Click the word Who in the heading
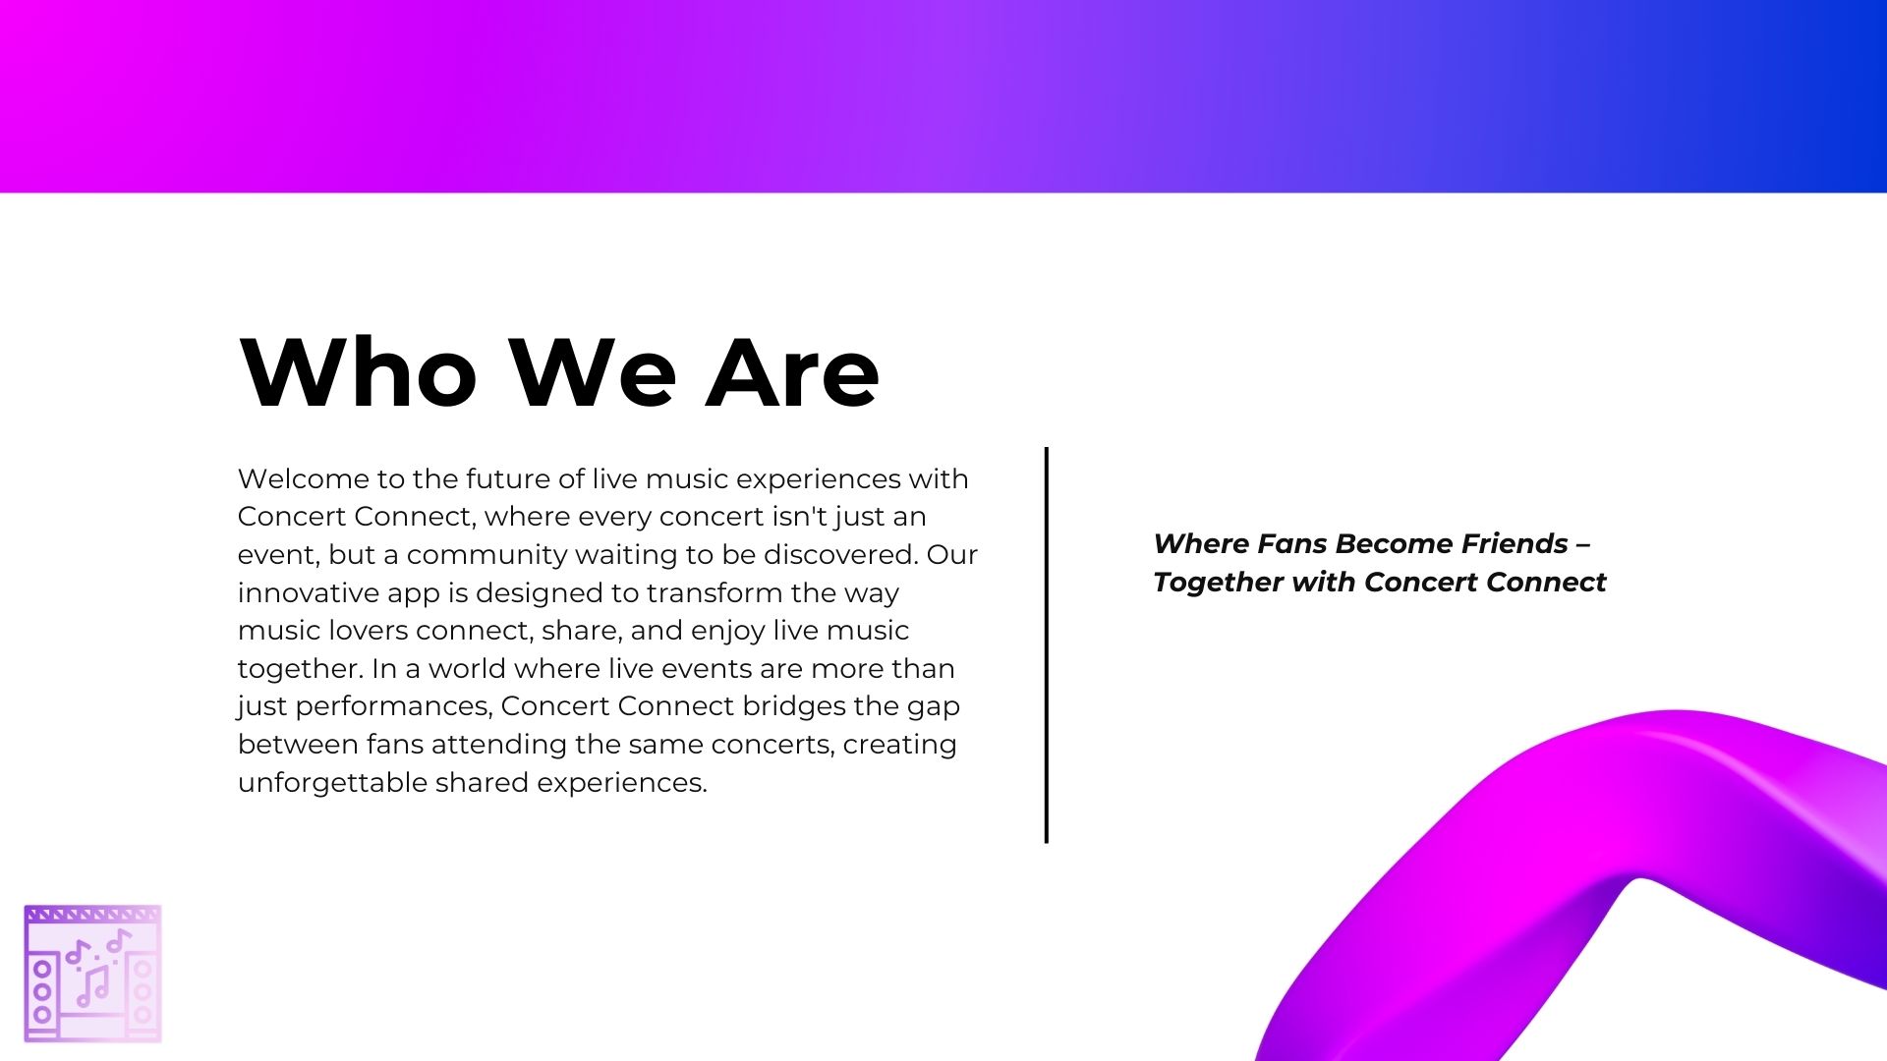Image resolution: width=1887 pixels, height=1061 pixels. [358, 372]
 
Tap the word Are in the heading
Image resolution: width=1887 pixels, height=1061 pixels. [792, 372]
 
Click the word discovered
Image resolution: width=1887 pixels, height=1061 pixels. [840, 555]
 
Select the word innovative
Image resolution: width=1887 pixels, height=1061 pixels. [308, 593]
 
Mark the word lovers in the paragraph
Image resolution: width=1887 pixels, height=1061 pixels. [361, 631]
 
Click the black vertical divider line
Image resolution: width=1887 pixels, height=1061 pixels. [1047, 644]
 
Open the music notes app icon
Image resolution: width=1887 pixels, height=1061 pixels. [92, 974]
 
